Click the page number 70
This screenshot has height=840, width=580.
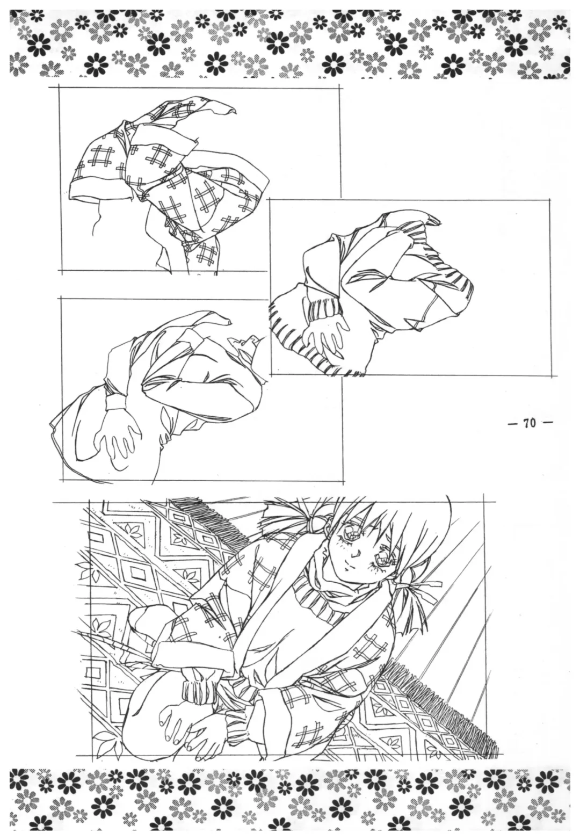[x=529, y=423]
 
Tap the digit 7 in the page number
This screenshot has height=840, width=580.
[x=526, y=423]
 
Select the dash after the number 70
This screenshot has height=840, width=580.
[x=547, y=423]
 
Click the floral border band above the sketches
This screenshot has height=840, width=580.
[x=290, y=42]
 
